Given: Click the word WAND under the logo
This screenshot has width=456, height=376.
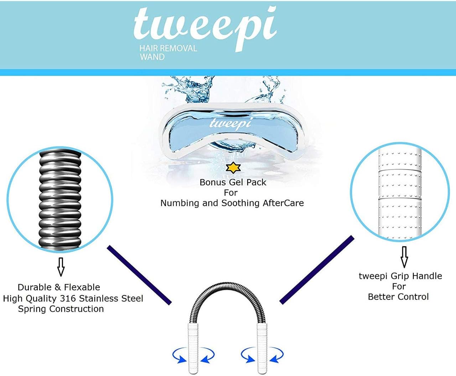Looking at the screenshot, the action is point(152,57).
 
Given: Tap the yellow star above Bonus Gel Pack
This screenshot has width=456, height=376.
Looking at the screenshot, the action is point(233,168).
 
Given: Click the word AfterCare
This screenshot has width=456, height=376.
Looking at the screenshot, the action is point(283,203).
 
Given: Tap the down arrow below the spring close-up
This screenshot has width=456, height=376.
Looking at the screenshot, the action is point(61,267).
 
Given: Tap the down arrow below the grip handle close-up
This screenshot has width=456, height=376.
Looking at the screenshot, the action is point(404,257).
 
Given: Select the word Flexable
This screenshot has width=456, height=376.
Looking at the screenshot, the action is point(82,287).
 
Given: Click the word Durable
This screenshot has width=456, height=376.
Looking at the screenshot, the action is point(35,287).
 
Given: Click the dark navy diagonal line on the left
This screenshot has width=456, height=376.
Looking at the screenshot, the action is point(139,275).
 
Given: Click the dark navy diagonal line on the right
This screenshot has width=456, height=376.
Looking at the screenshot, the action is point(317,270).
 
